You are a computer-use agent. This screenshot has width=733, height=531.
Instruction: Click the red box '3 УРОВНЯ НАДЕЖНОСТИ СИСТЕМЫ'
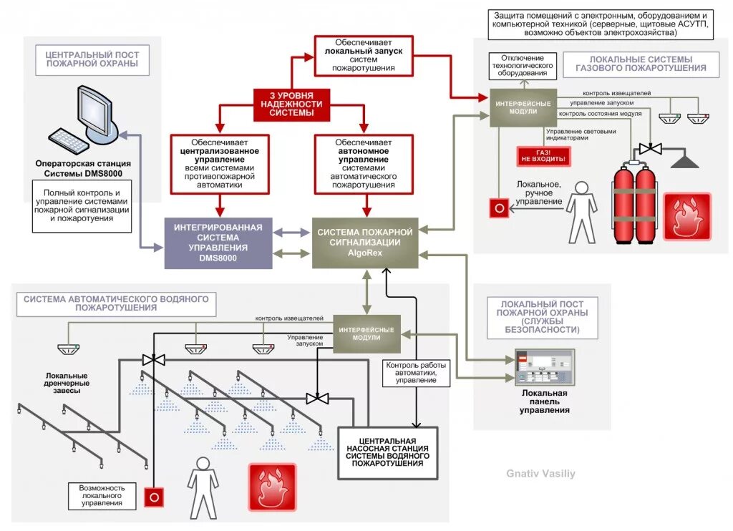[x=291, y=104]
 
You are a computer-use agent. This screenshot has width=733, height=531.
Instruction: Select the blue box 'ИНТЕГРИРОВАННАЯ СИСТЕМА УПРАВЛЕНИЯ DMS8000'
[x=218, y=242]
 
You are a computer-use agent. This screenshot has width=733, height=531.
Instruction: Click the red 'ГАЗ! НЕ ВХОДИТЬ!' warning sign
[x=543, y=157]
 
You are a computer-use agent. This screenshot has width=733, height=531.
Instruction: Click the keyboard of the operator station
[x=69, y=141]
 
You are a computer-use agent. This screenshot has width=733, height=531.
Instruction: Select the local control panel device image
[x=544, y=367]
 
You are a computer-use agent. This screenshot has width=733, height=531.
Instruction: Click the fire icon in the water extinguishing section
[x=272, y=487]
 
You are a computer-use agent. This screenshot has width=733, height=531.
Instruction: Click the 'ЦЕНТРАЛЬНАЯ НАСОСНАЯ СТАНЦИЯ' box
[x=387, y=452]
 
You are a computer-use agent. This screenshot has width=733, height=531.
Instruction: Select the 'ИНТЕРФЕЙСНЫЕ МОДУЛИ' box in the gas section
[x=523, y=108]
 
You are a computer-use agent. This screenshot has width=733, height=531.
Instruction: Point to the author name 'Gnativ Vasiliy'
[x=540, y=474]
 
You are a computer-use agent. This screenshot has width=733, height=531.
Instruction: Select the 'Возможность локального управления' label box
[x=101, y=495]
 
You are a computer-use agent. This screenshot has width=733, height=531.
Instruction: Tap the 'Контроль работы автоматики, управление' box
[x=411, y=371]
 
